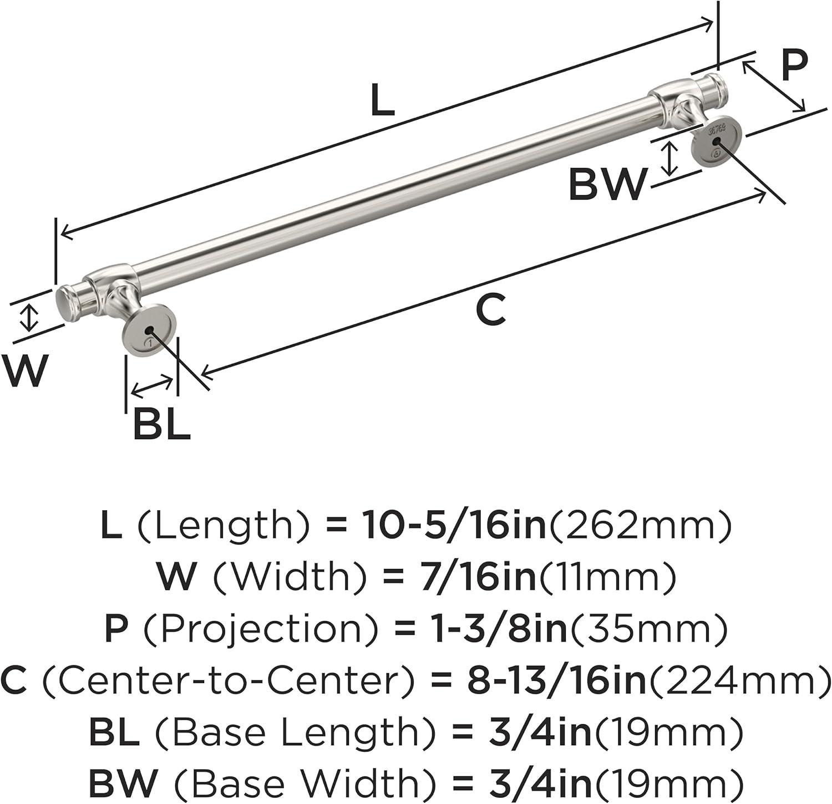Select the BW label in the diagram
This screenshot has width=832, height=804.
tap(608, 185)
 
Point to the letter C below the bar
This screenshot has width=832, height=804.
tap(491, 310)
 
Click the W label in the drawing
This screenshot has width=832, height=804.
tap(24, 370)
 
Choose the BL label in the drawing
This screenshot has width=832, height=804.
tap(161, 425)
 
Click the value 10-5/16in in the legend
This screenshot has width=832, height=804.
tap(454, 526)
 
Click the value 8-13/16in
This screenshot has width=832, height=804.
tap(556, 681)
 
